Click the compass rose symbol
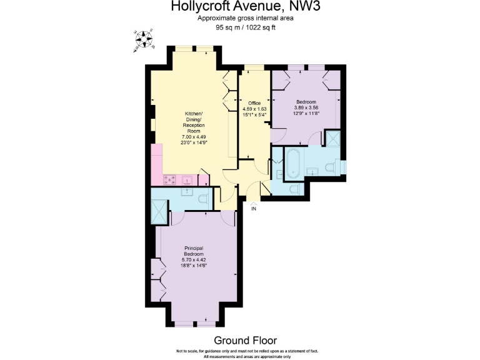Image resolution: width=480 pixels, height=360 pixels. click(144, 40)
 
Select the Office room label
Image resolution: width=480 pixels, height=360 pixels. click(254, 102)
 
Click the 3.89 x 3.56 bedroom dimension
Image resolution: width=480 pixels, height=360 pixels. click(306, 108)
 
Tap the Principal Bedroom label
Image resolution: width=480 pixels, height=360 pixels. click(194, 251)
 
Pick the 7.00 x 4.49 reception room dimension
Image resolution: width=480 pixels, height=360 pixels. click(194, 137)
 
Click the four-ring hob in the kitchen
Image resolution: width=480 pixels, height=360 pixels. click(169, 180)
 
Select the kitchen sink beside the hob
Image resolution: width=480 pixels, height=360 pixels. click(186, 180)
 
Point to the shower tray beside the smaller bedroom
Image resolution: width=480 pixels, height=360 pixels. click(332, 138)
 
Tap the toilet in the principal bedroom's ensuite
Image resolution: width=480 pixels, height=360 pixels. click(201, 199)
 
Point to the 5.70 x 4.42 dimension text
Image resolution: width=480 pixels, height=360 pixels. click(194, 260)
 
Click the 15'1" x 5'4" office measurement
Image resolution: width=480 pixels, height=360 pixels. click(254, 115)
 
